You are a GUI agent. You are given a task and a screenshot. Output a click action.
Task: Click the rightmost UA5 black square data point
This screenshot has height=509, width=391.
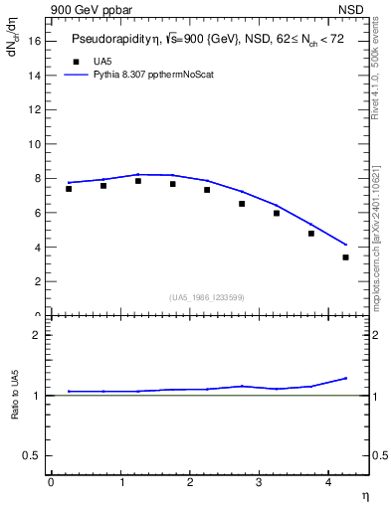click(x=345, y=257)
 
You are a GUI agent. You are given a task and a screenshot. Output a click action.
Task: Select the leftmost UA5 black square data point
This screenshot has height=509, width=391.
click(x=69, y=189)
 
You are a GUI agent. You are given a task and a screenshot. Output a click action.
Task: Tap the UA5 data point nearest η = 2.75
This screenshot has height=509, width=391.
click(x=242, y=204)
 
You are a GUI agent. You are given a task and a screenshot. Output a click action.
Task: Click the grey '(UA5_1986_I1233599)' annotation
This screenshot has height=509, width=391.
click(x=207, y=297)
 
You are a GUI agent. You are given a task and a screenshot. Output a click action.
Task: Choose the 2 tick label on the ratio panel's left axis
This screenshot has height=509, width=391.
click(x=36, y=335)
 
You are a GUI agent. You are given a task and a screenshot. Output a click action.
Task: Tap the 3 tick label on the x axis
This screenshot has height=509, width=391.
click(x=259, y=481)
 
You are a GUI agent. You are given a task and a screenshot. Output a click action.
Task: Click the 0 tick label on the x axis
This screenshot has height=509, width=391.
click(x=51, y=481)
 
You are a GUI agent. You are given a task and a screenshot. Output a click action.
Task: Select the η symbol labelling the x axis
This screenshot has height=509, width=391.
click(x=364, y=494)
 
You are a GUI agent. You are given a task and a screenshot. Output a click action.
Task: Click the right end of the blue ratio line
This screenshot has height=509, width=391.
click(x=346, y=378)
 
